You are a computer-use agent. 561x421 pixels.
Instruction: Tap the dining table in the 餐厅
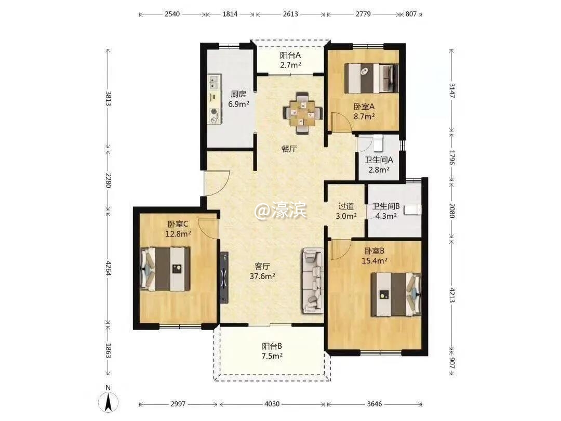click(303, 113)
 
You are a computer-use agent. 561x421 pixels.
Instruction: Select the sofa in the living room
click(313, 281)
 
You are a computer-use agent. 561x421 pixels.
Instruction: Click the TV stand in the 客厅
click(224, 278)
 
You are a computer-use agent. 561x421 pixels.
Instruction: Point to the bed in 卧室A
click(371, 78)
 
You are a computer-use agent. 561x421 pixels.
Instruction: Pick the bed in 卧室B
click(396, 294)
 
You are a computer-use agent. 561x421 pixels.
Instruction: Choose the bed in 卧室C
click(165, 269)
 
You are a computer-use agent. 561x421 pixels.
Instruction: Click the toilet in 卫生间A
click(378, 143)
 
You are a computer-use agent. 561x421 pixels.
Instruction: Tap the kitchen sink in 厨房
click(215, 82)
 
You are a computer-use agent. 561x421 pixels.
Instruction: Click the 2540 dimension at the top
click(172, 15)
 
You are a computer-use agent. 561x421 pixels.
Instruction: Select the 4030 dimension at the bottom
click(272, 404)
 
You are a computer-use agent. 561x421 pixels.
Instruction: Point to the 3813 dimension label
click(108, 99)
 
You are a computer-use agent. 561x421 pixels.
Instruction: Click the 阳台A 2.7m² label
click(290, 60)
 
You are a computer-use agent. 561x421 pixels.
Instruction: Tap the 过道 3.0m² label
click(346, 211)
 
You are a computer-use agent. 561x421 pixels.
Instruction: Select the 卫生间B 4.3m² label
click(386, 211)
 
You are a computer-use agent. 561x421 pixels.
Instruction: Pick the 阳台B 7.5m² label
click(272, 351)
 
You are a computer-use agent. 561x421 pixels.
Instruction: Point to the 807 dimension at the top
click(411, 15)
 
